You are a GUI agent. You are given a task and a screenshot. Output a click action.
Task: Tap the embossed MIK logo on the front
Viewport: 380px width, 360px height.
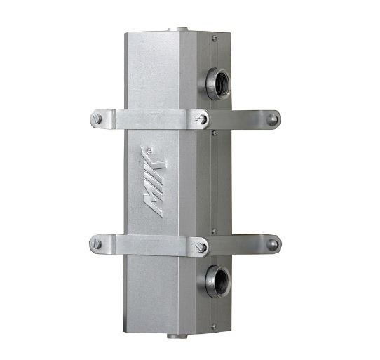[154, 182]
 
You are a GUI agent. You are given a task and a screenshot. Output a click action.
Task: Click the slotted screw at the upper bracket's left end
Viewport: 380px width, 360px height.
[96, 119]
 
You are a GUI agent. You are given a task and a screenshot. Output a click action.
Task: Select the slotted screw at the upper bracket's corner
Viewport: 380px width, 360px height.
[201, 119]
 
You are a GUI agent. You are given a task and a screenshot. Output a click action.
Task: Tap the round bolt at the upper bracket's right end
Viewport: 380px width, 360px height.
[272, 119]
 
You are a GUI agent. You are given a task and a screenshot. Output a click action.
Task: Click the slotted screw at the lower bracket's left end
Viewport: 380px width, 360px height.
[96, 244]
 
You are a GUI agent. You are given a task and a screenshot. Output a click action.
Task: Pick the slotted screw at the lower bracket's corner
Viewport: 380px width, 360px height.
[201, 247]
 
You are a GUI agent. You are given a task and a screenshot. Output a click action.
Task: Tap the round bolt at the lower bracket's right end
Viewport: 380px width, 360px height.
[273, 244]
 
